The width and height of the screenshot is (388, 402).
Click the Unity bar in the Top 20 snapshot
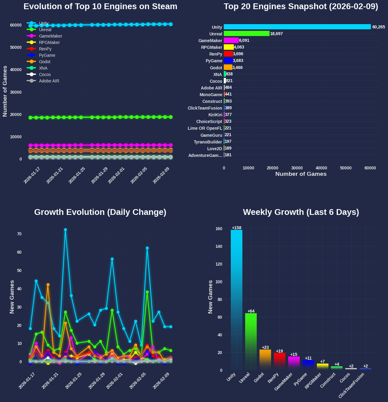(297, 27)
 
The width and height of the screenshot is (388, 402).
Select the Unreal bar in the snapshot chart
(246, 34)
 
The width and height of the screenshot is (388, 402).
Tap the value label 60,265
(379, 27)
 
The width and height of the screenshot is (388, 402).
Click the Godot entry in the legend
(45, 62)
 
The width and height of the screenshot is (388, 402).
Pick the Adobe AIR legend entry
(49, 81)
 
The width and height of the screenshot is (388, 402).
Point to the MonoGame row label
(211, 95)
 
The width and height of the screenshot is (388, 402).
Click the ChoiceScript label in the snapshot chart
(209, 121)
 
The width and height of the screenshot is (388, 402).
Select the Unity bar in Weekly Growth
(237, 299)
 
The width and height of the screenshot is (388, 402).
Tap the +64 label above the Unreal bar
(251, 311)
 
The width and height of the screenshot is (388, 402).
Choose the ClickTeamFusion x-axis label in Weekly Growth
(352, 386)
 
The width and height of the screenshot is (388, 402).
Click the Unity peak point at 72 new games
(65, 230)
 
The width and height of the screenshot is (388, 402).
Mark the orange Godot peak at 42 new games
(48, 285)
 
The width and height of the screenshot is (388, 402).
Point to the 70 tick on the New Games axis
(20, 234)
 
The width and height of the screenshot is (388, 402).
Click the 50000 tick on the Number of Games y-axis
(16, 47)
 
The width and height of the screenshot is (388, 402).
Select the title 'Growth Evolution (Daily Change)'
(100, 212)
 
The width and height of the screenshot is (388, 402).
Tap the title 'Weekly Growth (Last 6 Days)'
(301, 212)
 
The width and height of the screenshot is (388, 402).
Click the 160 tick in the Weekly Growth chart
(219, 229)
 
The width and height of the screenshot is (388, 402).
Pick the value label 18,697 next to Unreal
(276, 34)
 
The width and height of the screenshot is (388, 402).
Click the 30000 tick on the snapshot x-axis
(297, 168)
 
